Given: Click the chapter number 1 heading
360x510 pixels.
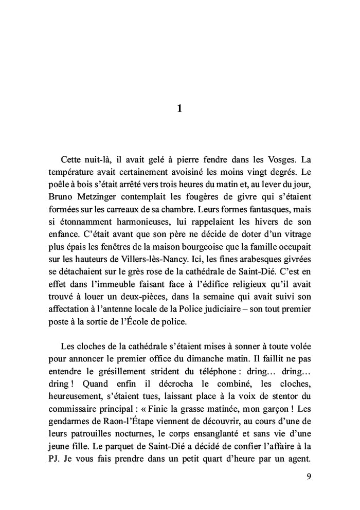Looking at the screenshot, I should coord(179,108).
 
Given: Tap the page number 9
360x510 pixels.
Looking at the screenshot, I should coord(308,476).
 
